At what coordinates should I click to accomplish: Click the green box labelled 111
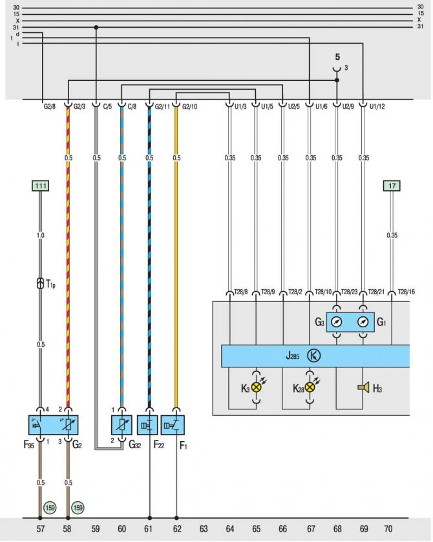click(40, 186)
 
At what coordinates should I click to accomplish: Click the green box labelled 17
click(392, 186)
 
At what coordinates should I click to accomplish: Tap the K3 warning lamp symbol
click(256, 387)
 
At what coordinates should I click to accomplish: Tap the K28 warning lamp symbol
click(311, 387)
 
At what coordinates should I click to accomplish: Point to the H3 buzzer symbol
click(364, 387)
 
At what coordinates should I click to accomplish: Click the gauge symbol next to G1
click(363, 321)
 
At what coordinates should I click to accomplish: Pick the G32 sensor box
click(121, 425)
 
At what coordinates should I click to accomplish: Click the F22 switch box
click(149, 425)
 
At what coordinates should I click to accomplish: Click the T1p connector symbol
click(40, 283)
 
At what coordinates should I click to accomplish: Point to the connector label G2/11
click(162, 106)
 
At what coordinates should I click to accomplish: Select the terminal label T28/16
click(406, 292)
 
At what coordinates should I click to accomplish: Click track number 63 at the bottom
click(203, 528)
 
